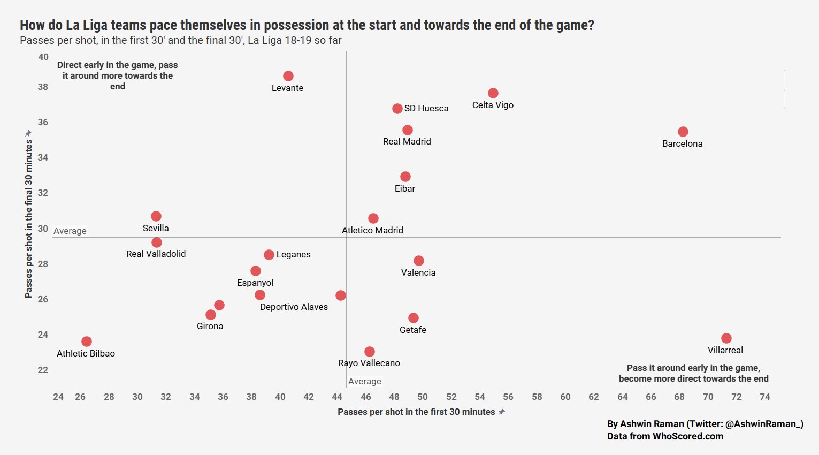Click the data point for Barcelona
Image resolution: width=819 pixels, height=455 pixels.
point(683,132)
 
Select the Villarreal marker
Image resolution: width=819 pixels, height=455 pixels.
point(726,338)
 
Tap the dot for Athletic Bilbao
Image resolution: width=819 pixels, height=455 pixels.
point(87,342)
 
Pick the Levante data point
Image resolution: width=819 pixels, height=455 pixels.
point(288,76)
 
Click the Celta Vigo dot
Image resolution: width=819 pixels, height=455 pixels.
point(493,93)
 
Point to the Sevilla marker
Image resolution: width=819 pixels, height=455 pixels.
point(156,216)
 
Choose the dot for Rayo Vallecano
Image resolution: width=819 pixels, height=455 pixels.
point(370,352)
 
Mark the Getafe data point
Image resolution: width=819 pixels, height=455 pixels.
point(414,318)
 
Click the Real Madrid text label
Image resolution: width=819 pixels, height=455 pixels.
point(407,141)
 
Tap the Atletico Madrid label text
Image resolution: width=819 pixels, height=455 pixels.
point(373,230)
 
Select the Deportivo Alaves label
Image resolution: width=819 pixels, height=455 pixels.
point(294,307)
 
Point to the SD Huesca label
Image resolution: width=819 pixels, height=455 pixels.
point(426,108)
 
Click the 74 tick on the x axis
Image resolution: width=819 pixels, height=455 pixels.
point(765,397)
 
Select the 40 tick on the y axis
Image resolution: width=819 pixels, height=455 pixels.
point(43,57)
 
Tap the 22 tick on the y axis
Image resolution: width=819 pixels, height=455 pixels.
point(43,370)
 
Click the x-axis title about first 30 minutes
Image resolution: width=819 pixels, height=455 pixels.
point(416,412)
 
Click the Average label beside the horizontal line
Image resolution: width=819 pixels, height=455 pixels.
point(70,231)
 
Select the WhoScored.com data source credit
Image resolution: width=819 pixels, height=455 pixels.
point(665,436)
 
